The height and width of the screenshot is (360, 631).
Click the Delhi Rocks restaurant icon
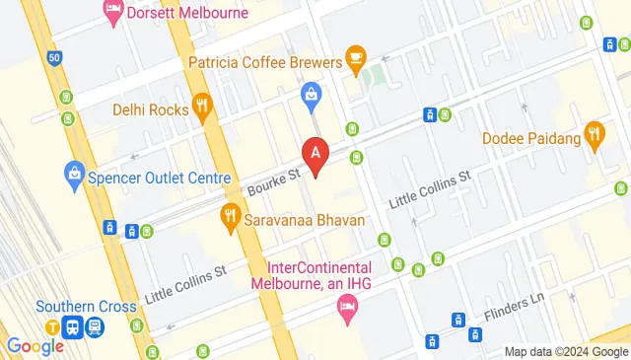point(204,108)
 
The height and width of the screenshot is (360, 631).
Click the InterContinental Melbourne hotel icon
point(346,310)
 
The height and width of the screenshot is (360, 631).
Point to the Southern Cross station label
point(87,306)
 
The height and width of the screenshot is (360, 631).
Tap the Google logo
point(35,346)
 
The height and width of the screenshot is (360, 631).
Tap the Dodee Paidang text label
point(531,139)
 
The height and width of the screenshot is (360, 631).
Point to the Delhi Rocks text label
point(150,109)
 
